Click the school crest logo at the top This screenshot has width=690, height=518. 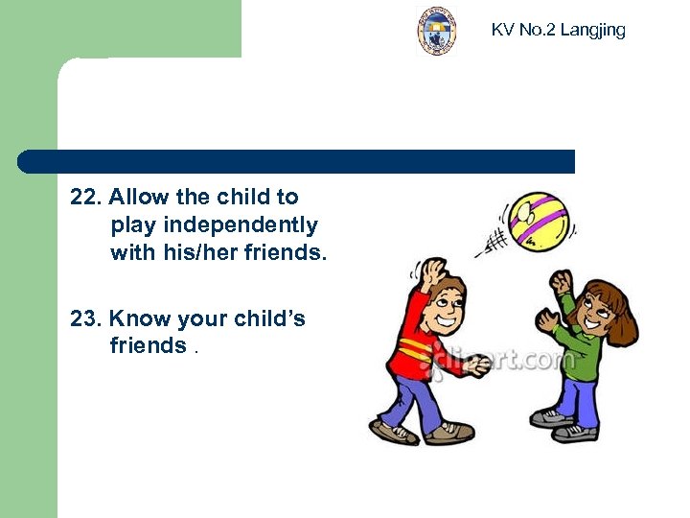tap(436, 31)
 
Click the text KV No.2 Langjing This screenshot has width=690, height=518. tap(558, 30)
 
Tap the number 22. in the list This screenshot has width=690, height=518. tap(86, 198)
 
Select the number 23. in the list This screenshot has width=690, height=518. tap(86, 318)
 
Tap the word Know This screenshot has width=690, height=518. tap(139, 318)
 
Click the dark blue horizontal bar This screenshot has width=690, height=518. tap(297, 161)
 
